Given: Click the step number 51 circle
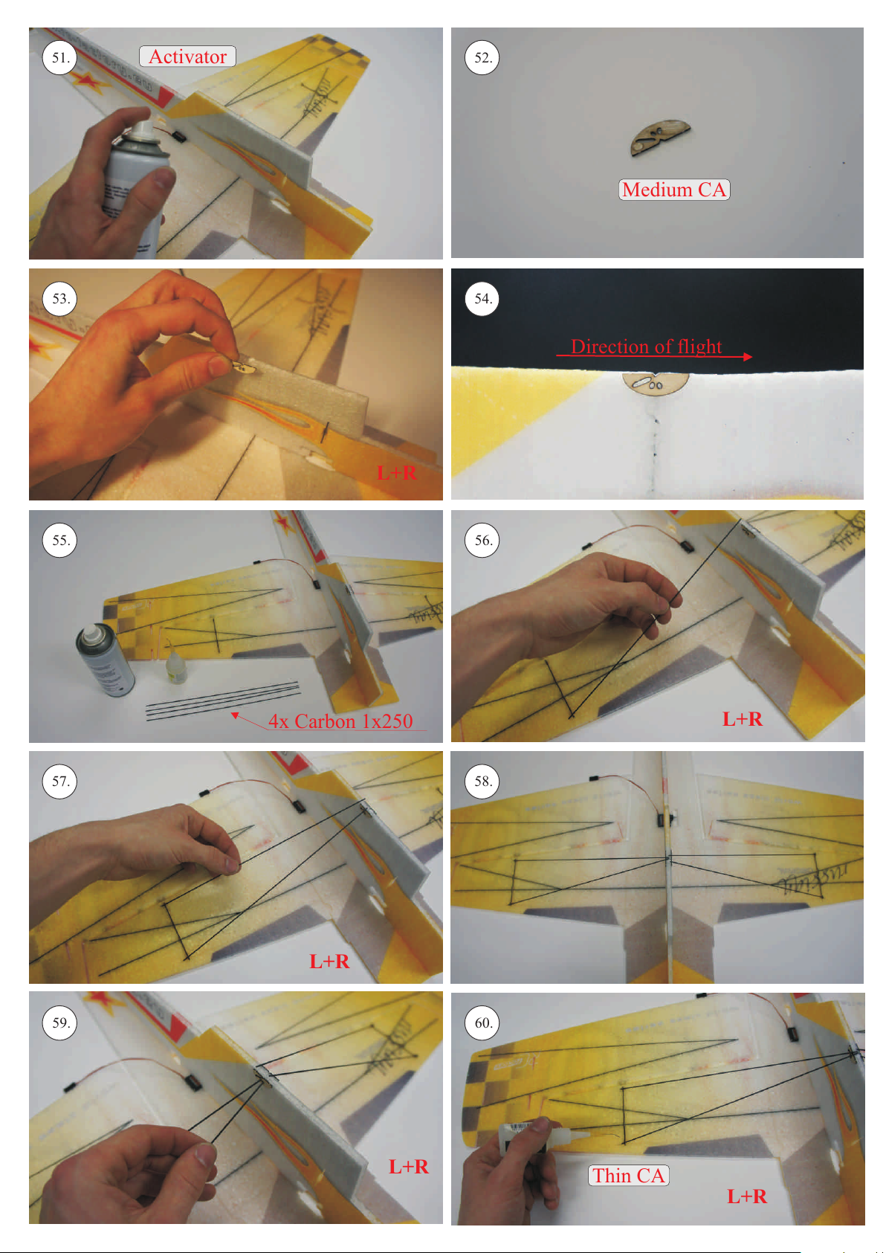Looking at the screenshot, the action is (x=59, y=57).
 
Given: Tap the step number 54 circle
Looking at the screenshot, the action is (x=482, y=298).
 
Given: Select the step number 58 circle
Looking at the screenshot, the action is (x=482, y=781).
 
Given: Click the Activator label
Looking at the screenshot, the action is (x=187, y=57).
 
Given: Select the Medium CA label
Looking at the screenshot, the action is (x=674, y=190).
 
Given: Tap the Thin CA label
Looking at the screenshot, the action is (x=628, y=1175).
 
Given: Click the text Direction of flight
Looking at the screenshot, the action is (x=646, y=347).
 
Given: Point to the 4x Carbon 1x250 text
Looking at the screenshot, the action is (x=340, y=721).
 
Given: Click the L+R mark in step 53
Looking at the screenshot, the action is (x=396, y=473).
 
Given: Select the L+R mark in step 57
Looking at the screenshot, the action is (x=329, y=962).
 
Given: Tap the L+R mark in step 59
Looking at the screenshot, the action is (x=409, y=1166).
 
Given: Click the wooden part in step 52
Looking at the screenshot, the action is (x=660, y=138).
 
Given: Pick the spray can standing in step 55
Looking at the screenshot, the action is (x=105, y=660).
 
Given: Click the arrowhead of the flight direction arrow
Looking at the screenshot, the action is (x=747, y=356).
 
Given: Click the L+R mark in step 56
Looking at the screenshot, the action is (x=743, y=719).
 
